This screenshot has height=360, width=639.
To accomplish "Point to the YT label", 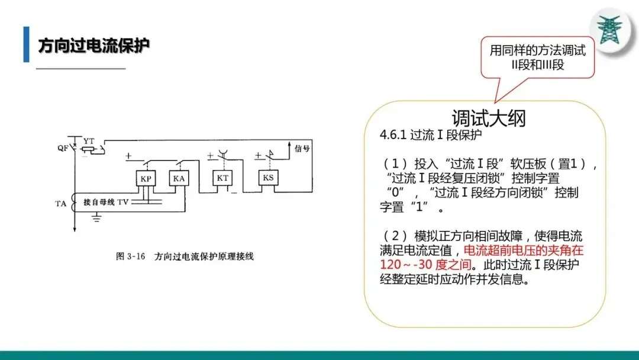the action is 88,140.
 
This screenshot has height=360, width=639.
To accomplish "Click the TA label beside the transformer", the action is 61,203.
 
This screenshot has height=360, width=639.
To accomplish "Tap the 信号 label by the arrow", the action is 302,148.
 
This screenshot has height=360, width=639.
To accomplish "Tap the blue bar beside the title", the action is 26,44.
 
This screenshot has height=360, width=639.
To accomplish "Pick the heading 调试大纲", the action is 488,118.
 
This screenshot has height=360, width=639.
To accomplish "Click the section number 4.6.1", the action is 392,135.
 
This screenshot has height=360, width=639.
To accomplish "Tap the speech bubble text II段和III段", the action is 537,65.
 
